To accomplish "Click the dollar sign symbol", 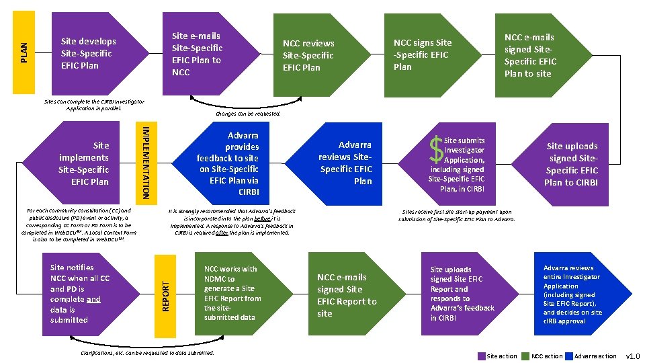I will [x=438, y=150].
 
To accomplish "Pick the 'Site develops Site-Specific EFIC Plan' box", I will [x=88, y=53].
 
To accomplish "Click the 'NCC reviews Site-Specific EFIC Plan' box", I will [x=308, y=55].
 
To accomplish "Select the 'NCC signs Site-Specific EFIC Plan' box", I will [x=422, y=54].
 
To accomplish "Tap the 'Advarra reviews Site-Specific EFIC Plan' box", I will [x=354, y=163].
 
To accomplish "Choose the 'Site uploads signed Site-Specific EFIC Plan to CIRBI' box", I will [x=572, y=164].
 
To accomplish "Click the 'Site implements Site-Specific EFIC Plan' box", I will [x=83, y=163].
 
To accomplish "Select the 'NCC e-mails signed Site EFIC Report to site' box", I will [x=347, y=294].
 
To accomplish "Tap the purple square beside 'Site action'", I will [x=481, y=356].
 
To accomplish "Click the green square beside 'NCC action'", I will [x=526, y=356].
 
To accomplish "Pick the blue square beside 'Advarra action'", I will [x=569, y=356].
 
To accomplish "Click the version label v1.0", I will [x=633, y=356].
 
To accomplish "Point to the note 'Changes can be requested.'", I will [x=248, y=114].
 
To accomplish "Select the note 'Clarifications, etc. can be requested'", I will [x=147, y=352].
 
